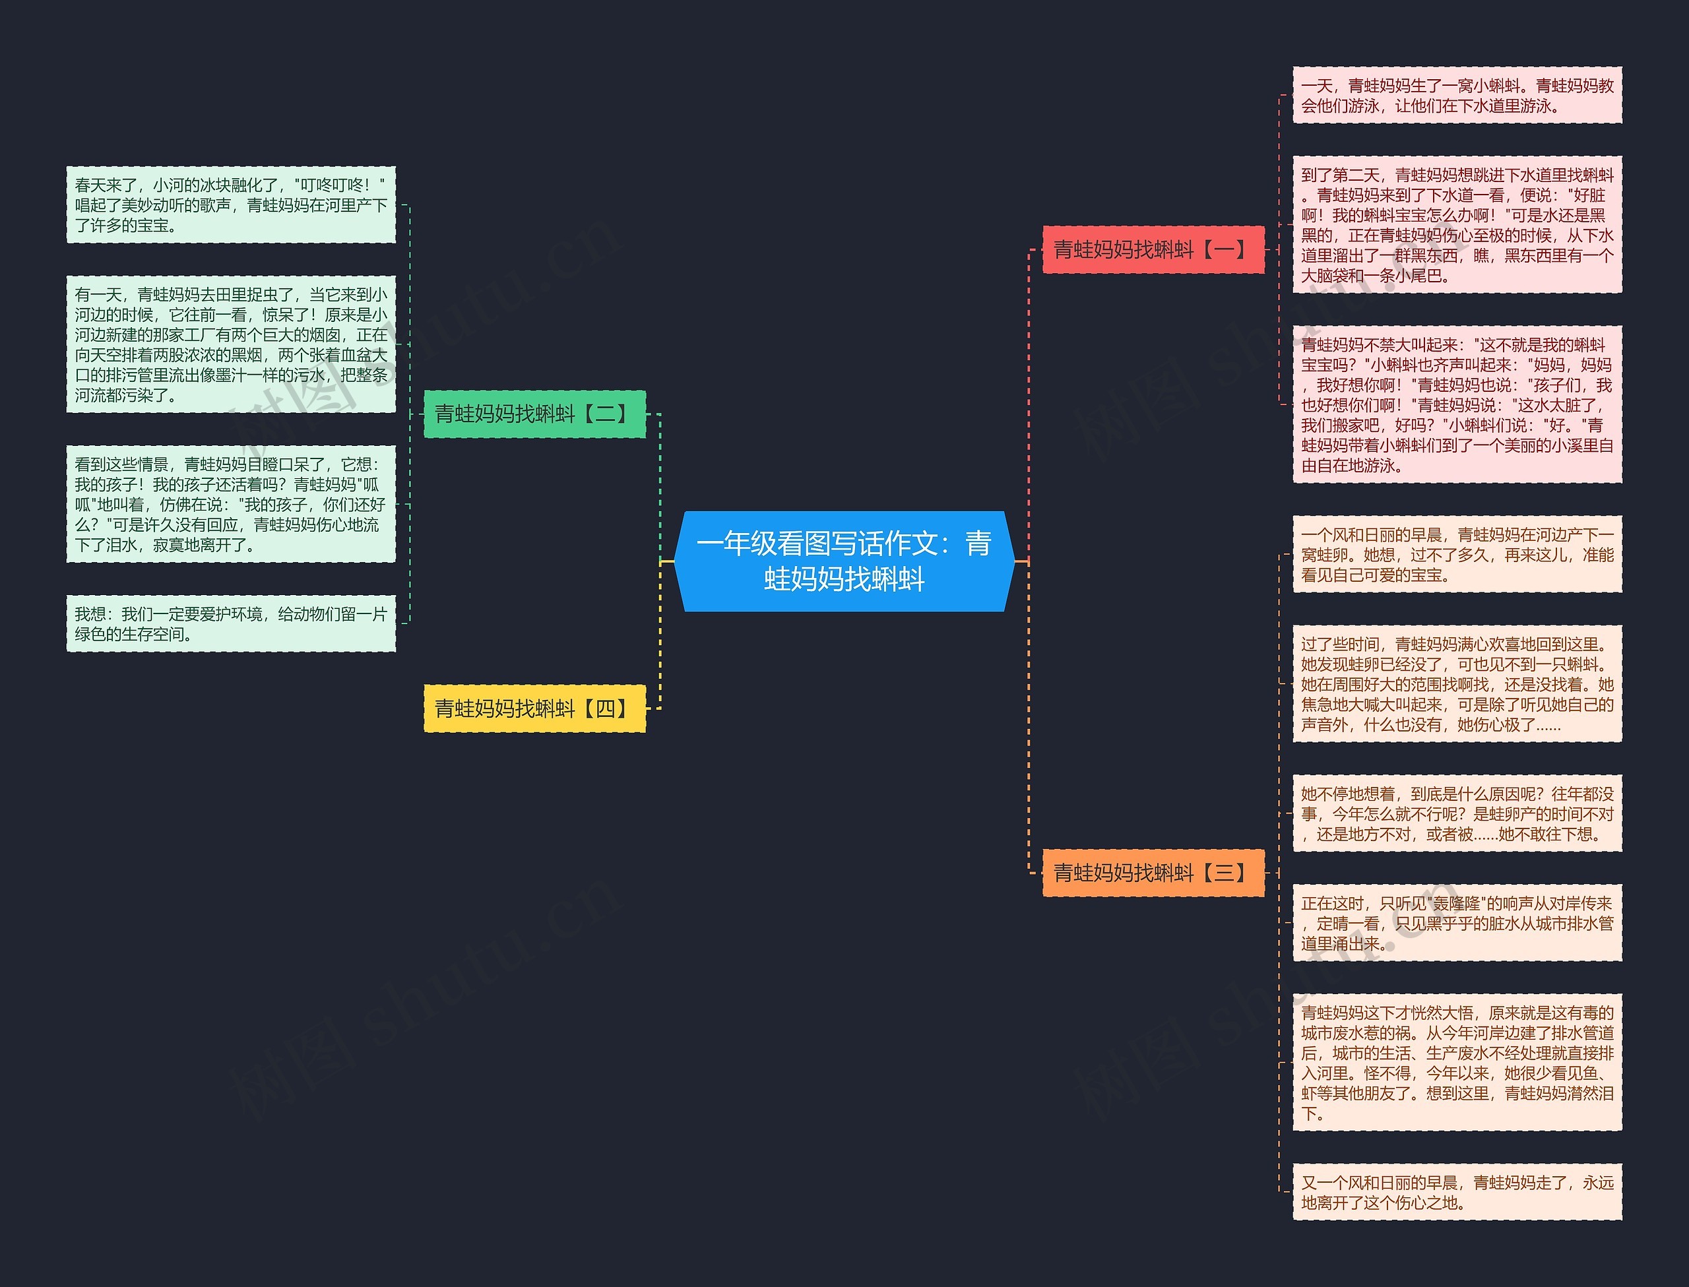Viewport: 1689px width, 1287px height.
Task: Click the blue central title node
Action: tap(844, 561)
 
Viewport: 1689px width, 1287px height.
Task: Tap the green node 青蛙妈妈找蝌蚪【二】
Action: tap(534, 414)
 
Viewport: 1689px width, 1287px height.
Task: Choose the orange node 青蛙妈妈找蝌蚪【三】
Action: tap(1153, 873)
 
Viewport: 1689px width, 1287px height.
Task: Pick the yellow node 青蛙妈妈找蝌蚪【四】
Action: tap(534, 708)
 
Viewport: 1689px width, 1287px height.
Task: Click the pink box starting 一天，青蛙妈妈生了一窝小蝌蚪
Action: tap(1457, 95)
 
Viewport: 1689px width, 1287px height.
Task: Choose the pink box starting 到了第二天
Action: tap(1457, 224)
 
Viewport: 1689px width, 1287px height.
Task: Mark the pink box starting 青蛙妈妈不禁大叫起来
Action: tap(1457, 404)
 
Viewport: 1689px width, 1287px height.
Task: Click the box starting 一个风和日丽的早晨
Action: tap(1457, 554)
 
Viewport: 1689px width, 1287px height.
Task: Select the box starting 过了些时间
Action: tap(1457, 683)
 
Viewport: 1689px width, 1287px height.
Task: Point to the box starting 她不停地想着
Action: tap(1457, 813)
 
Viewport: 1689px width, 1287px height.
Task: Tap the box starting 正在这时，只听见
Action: tap(1457, 923)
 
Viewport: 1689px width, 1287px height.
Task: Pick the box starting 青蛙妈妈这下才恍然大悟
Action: tap(1457, 1063)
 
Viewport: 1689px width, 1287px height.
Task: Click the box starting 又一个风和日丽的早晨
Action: tap(1457, 1192)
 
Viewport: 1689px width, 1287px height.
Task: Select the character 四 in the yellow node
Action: tap(605, 708)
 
